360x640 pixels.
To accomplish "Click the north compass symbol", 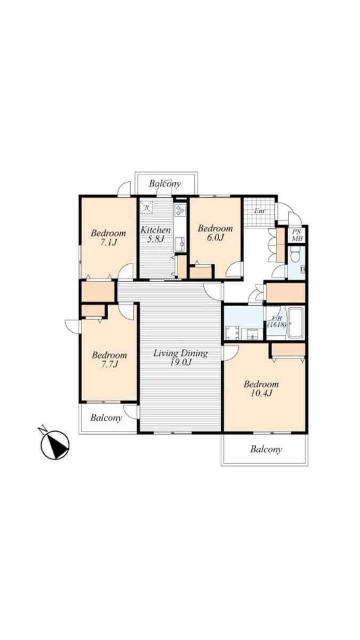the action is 55,445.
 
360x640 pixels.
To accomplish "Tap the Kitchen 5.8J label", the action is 156,234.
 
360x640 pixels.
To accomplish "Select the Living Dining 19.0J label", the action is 181,357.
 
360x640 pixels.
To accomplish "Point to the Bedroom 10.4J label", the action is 261,388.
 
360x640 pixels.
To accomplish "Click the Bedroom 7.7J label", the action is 109,359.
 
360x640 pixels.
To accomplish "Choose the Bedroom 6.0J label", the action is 215,233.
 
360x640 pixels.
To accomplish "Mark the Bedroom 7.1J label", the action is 108,237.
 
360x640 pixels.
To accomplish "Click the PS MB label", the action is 297,235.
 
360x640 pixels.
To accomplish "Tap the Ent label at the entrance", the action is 259,211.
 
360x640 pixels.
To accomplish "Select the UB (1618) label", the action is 277,321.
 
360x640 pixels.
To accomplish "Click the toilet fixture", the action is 294,253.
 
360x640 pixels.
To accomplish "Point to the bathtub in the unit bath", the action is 296,322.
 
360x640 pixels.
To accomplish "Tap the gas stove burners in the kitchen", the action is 180,210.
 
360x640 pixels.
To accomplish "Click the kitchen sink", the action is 180,244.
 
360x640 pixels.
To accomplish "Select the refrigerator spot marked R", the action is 147,207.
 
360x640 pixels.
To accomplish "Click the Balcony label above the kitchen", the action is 165,183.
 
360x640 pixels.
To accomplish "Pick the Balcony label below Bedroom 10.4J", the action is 266,449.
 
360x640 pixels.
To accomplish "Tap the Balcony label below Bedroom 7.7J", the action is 106,418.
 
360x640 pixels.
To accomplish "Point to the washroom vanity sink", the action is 252,333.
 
